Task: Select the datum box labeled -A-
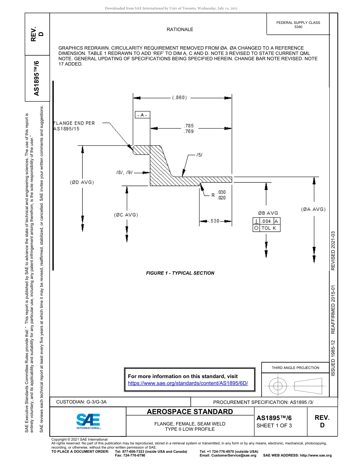[142, 115]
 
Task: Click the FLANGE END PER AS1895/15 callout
[74, 126]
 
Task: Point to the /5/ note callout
[200, 155]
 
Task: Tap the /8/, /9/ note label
[124, 172]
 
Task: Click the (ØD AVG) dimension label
[82, 182]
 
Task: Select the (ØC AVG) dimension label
[126, 215]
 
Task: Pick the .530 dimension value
[214, 220]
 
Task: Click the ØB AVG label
[268, 213]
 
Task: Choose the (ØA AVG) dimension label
[313, 209]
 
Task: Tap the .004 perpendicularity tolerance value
[266, 221]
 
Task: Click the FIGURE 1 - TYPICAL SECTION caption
[180, 273]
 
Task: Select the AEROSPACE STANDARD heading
[190, 412]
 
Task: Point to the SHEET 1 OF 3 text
[274, 425]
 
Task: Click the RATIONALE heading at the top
[180, 30]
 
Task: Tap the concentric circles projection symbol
[278, 386]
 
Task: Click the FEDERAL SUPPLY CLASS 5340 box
[298, 25]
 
